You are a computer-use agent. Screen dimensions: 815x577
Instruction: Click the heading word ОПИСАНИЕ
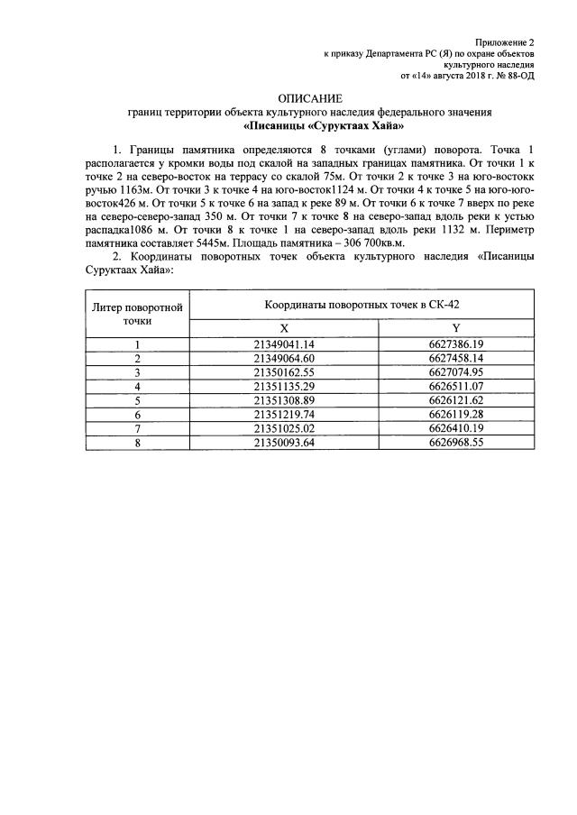pos(310,97)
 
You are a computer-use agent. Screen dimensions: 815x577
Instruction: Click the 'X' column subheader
pos(284,328)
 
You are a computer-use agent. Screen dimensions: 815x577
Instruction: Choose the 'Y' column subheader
pos(456,328)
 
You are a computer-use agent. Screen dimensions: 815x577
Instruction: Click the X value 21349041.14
pos(284,344)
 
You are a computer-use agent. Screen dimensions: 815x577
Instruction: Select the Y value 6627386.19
pos(456,344)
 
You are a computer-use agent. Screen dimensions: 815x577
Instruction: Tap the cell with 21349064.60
pos(284,358)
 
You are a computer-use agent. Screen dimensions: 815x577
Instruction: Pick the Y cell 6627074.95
pos(456,371)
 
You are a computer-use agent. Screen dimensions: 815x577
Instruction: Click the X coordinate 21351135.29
pos(284,386)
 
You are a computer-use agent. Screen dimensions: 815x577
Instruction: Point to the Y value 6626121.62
pos(456,399)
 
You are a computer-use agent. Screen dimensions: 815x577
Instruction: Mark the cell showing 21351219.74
pos(284,413)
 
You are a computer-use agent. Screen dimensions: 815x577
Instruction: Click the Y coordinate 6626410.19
pos(456,427)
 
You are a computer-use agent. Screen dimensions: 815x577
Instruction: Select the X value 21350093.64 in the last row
pos(284,442)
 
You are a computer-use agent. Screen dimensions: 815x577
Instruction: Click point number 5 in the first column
pos(138,399)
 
